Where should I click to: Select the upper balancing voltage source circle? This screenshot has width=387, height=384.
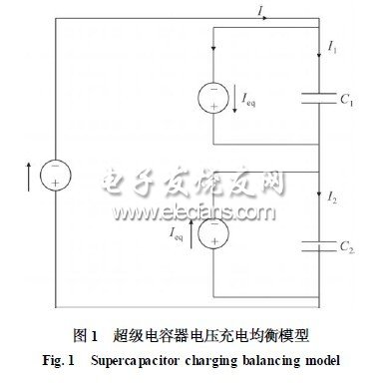click(x=213, y=97)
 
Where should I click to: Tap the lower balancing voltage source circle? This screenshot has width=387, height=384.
click(x=213, y=236)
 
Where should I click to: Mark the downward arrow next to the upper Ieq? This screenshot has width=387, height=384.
click(x=235, y=97)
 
